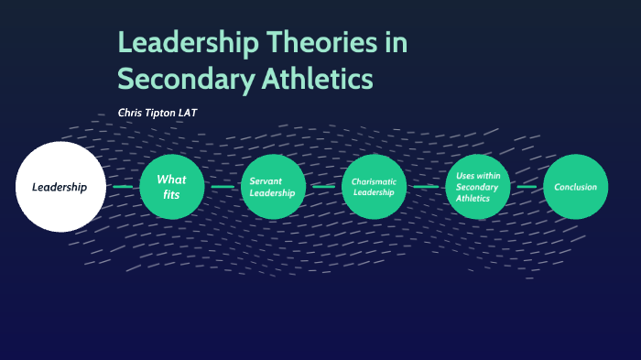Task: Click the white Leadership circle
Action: pyautogui.click(x=60, y=187)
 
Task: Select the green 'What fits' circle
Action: pyautogui.click(x=171, y=187)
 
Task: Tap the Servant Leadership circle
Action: pyautogui.click(x=273, y=187)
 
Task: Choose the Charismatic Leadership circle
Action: pyautogui.click(x=374, y=187)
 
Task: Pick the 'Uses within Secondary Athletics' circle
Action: pyautogui.click(x=477, y=187)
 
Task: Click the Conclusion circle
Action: pyautogui.click(x=575, y=187)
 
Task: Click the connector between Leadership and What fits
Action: pyautogui.click(x=124, y=187)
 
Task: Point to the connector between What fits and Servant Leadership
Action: pyautogui.click(x=223, y=187)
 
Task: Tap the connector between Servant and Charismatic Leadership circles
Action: pyautogui.click(x=323, y=187)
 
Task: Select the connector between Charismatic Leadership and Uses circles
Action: pyautogui.click(x=426, y=187)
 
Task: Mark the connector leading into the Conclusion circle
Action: pyautogui.click(x=527, y=187)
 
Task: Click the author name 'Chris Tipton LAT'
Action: pyautogui.click(x=158, y=113)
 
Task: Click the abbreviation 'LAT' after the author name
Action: pyautogui.click(x=187, y=113)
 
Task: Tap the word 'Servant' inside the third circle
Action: pyautogui.click(x=266, y=180)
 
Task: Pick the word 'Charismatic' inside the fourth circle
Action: pyautogui.click(x=374, y=181)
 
